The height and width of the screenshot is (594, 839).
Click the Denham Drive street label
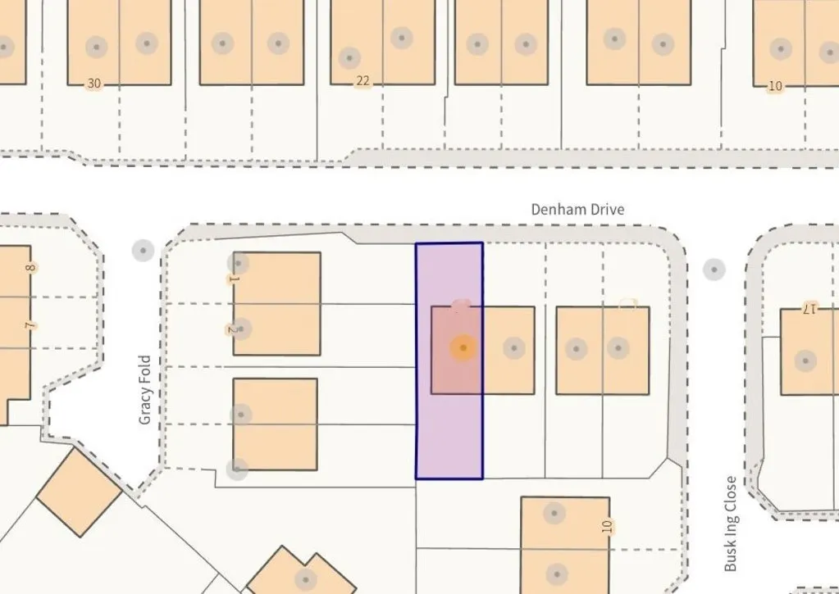pyautogui.click(x=577, y=209)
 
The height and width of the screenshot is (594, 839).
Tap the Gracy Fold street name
pyautogui.click(x=145, y=390)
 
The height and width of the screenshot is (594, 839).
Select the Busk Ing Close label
pyautogui.click(x=731, y=524)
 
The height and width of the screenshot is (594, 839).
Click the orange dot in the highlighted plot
pyautogui.click(x=463, y=348)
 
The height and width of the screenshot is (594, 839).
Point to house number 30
pyautogui.click(x=94, y=84)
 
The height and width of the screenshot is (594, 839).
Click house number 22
pyautogui.click(x=363, y=81)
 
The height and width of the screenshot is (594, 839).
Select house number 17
pyautogui.click(x=810, y=308)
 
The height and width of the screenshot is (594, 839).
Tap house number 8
pyautogui.click(x=31, y=267)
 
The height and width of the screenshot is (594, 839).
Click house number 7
pyautogui.click(x=31, y=325)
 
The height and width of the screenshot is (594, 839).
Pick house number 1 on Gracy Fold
pyautogui.click(x=233, y=279)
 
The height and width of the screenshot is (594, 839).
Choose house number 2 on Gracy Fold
pyautogui.click(x=232, y=330)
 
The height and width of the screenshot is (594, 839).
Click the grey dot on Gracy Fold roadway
pyautogui.click(x=143, y=250)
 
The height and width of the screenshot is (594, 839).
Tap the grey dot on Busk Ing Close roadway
pyautogui.click(x=714, y=270)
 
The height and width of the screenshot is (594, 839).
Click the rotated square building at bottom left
pyautogui.click(x=80, y=492)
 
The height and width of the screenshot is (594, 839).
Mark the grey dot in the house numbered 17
pyautogui.click(x=805, y=360)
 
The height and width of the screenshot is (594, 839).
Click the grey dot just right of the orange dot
pyautogui.click(x=513, y=348)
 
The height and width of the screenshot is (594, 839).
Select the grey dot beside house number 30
pyautogui.click(x=96, y=47)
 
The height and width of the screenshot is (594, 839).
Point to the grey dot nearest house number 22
pyautogui.click(x=349, y=57)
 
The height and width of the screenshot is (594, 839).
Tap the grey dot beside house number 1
pyautogui.click(x=238, y=263)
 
